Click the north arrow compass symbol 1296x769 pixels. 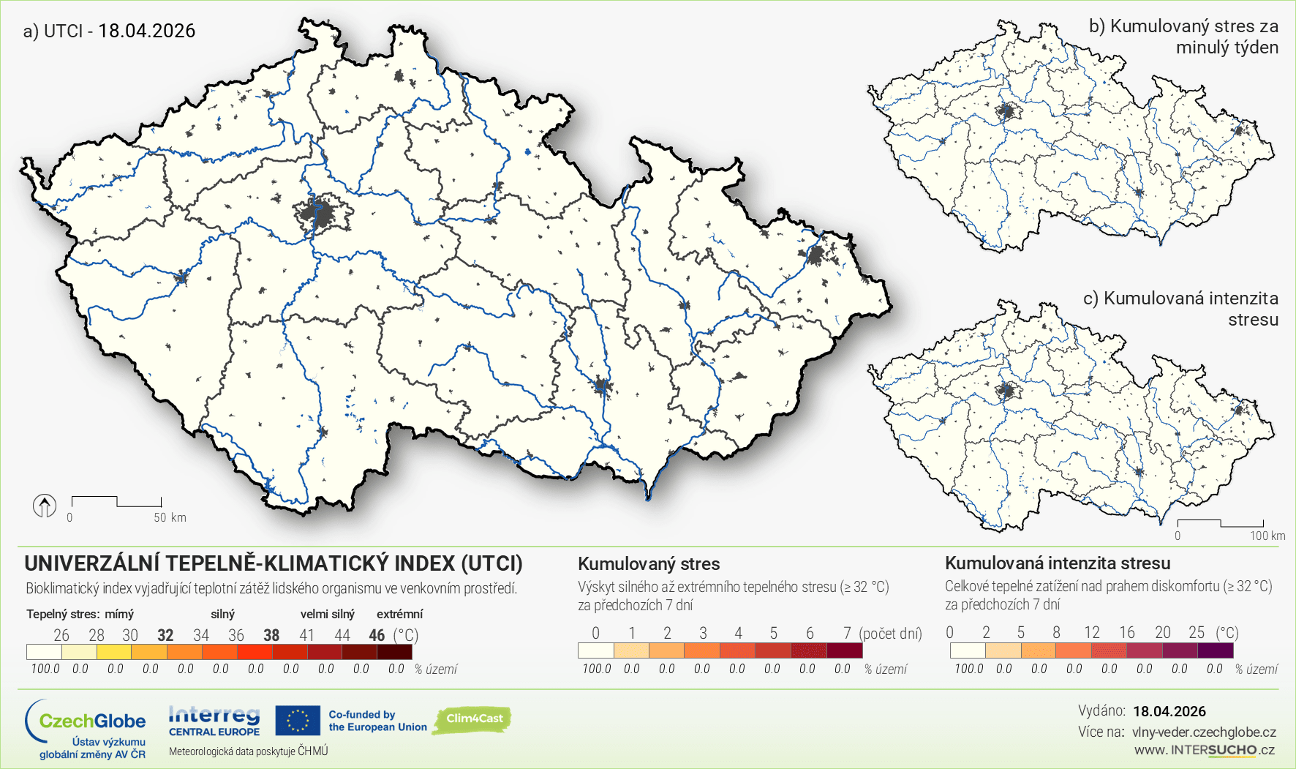point(45,506)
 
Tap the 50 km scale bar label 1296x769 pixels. point(170,517)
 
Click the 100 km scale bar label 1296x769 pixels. point(1267,536)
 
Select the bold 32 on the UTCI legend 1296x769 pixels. point(165,635)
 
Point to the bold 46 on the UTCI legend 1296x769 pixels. point(377,635)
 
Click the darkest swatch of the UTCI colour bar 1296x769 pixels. point(395,651)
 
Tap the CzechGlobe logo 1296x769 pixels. point(86,727)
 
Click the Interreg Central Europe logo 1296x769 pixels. point(214,721)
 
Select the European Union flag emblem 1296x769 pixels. point(298,721)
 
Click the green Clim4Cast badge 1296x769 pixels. point(473,719)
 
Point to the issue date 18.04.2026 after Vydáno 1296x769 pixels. point(1169,711)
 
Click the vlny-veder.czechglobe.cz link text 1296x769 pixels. point(1204,732)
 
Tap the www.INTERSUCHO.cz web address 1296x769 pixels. point(1204,750)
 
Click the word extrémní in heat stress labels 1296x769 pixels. point(399,614)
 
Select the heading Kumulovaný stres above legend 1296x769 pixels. point(649,564)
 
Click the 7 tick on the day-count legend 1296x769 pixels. point(846,633)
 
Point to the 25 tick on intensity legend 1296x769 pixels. point(1196,632)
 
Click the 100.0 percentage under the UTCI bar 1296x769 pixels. point(45,669)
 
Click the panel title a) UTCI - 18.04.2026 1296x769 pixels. point(110,31)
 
